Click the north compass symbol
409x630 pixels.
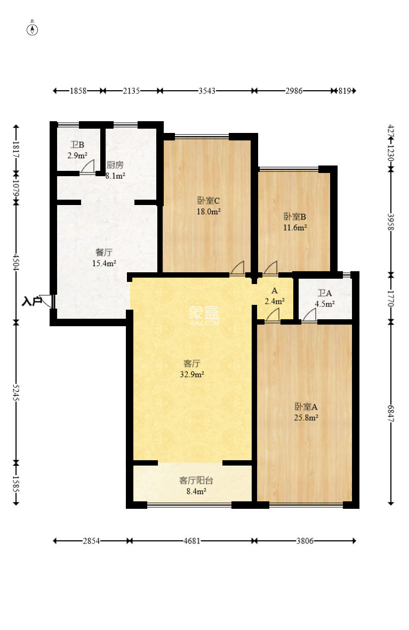pyautogui.click(x=33, y=29)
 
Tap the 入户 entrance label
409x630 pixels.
pyautogui.click(x=31, y=302)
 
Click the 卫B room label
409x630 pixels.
pyautogui.click(x=77, y=145)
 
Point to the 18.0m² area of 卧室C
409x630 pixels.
pyautogui.click(x=208, y=211)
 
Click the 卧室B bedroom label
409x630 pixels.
pyautogui.click(x=294, y=217)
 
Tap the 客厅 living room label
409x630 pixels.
pyautogui.click(x=191, y=364)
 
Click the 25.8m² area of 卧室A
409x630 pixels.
pyautogui.click(x=306, y=418)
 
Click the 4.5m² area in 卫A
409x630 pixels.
pyautogui.click(x=325, y=304)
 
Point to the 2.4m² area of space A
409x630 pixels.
pyautogui.click(x=275, y=301)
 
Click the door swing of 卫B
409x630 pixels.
pyautogui.click(x=88, y=167)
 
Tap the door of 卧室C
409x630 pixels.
pyautogui.click(x=237, y=268)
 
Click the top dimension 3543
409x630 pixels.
pyautogui.click(x=206, y=91)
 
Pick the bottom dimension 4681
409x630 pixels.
pyautogui.click(x=191, y=541)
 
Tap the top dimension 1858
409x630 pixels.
pyautogui.click(x=78, y=91)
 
